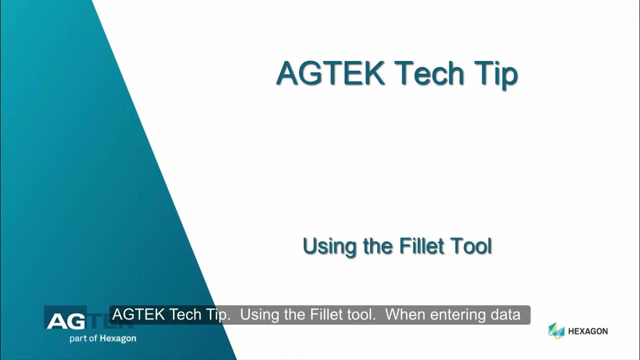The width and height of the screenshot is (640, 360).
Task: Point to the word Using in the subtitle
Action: (x=330, y=247)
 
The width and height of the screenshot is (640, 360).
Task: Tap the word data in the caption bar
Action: (x=506, y=315)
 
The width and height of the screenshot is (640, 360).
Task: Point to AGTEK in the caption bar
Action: (x=139, y=315)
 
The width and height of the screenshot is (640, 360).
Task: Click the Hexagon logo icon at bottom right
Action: (x=556, y=330)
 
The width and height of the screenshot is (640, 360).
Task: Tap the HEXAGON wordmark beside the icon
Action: (x=587, y=331)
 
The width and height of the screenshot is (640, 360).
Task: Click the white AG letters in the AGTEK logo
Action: (x=63, y=321)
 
